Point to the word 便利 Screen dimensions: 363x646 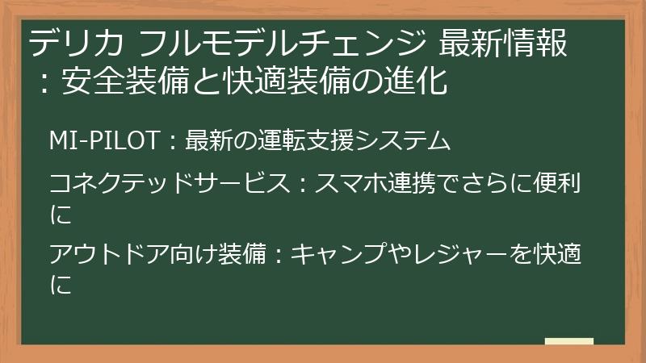click(x=558, y=185)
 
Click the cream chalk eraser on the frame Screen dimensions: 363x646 click(x=568, y=341)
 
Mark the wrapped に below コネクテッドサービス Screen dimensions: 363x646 click(x=61, y=214)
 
